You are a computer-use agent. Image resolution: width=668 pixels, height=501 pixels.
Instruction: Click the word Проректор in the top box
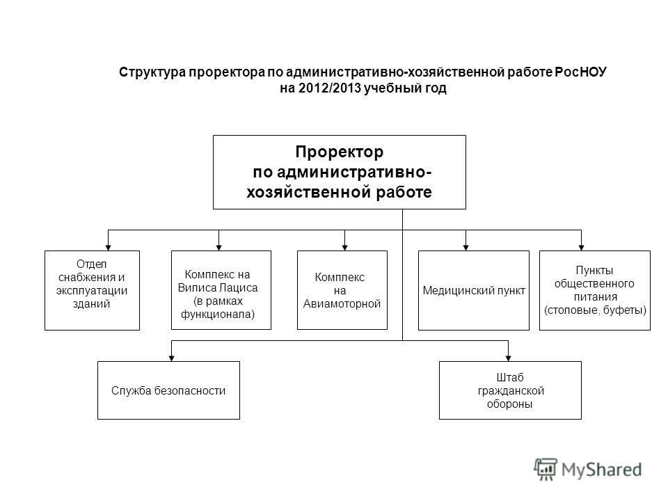tap(339, 152)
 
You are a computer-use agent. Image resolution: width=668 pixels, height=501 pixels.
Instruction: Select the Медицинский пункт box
tap(474, 290)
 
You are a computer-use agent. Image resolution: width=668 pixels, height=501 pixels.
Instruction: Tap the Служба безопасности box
tap(168, 390)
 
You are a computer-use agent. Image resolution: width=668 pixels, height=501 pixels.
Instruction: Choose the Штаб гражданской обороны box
tap(510, 390)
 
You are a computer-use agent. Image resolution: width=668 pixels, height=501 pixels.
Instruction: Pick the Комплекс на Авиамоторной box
tap(342, 290)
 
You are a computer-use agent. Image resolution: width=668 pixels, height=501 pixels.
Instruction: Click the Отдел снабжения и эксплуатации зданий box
tap(92, 290)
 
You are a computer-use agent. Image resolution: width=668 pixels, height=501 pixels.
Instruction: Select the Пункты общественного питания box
tap(595, 290)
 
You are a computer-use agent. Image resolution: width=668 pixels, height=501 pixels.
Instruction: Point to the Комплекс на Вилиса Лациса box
tap(221, 290)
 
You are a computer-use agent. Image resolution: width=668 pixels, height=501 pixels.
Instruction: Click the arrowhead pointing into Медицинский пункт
tap(466, 248)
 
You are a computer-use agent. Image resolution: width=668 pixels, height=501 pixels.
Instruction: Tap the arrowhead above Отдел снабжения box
tap(109, 248)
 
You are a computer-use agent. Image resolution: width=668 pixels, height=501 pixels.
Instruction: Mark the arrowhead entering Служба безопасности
tap(171, 358)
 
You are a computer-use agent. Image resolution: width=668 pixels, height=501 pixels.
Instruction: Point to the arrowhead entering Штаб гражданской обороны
tap(508, 358)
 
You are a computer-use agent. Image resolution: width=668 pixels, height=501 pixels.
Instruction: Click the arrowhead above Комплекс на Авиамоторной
tap(344, 248)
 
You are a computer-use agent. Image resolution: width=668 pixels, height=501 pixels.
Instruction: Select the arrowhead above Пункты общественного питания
tap(581, 248)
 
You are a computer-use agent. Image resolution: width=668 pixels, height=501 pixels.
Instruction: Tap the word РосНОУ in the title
tap(580, 72)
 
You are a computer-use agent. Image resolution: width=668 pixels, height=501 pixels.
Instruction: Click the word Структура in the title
tap(152, 72)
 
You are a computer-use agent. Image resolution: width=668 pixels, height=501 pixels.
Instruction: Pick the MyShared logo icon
tap(546, 469)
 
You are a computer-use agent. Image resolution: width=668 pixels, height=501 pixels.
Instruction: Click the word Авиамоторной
tap(342, 304)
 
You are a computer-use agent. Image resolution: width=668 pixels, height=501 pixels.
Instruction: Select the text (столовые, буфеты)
tap(595, 310)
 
